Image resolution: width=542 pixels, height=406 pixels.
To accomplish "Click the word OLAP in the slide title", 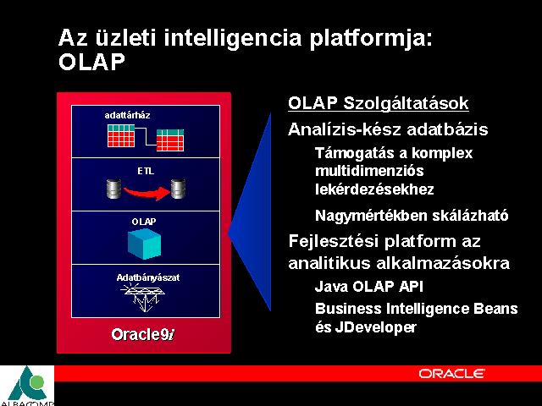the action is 91,63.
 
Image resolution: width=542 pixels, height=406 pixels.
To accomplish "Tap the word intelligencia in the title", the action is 233,37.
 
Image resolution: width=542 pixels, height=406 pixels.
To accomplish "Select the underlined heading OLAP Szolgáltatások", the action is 379,103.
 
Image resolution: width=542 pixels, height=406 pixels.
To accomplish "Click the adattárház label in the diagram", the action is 127,115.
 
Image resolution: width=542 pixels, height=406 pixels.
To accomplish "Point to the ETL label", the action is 146,171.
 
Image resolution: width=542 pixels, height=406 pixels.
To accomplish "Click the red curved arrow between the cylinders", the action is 147,193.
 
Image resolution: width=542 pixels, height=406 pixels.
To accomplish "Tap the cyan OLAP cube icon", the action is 144,244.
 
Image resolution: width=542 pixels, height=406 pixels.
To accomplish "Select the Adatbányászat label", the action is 148,277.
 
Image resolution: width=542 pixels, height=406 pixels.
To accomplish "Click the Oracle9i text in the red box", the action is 143,334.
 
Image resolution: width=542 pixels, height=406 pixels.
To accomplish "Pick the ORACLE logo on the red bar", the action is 451,374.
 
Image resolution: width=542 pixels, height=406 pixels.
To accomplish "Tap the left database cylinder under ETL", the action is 113,189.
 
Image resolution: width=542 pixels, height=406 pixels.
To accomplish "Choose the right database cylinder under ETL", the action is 178,189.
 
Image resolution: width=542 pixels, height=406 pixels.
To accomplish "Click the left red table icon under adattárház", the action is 121,136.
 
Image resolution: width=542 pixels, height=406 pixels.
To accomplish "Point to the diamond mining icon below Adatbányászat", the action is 142,297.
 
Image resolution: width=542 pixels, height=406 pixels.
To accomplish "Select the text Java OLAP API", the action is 369,287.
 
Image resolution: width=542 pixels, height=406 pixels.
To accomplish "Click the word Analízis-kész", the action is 345,129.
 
